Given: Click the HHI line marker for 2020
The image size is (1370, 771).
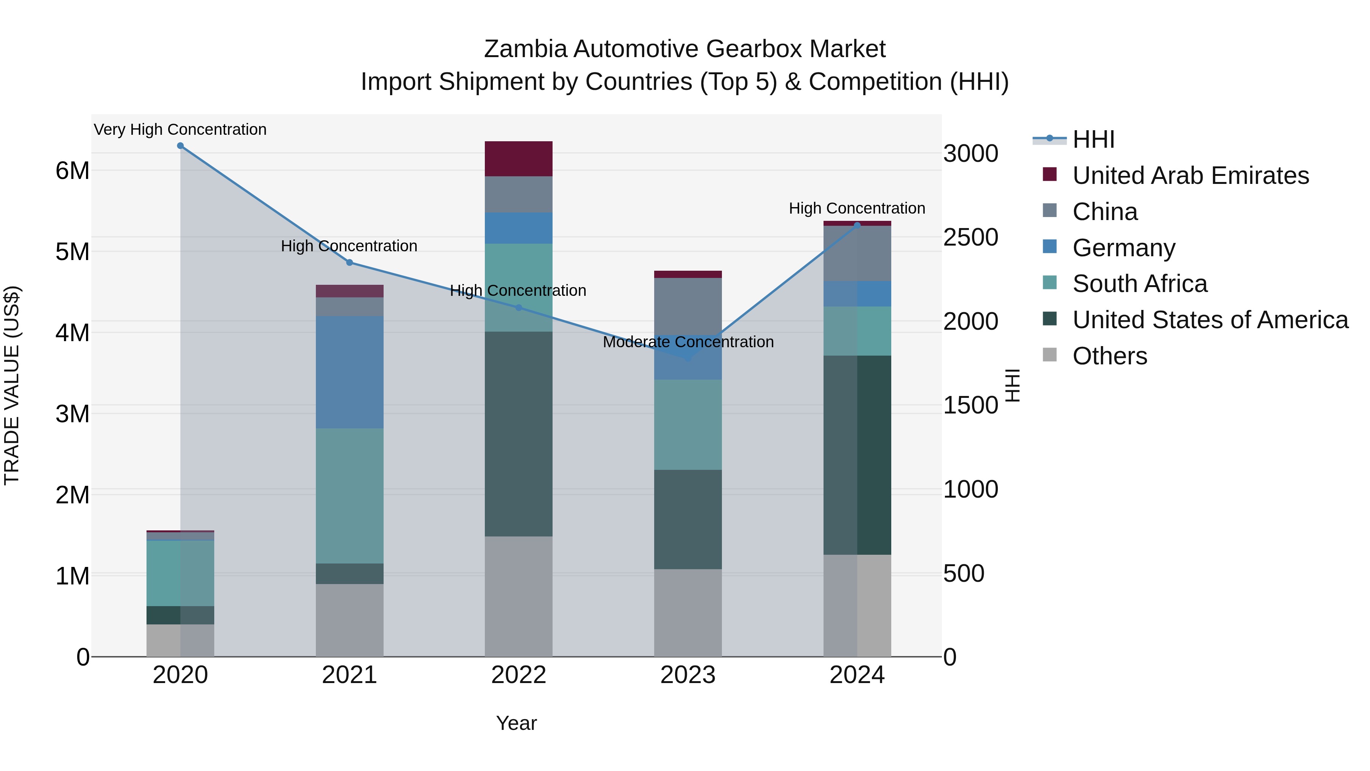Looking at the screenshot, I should point(180,146).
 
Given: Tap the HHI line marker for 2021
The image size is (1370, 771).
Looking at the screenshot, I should point(349,262).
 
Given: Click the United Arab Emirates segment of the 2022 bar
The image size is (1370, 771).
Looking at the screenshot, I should point(519,158).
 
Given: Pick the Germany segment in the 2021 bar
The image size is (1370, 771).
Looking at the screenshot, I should point(349,372).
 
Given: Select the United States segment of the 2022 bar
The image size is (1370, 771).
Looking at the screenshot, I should point(519,434).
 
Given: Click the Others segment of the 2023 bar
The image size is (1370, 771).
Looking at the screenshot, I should point(688,613).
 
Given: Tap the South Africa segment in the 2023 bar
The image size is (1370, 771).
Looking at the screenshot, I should point(688,424).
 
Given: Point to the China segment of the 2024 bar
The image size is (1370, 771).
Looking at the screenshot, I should point(857,253).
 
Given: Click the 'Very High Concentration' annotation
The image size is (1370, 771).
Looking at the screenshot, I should point(180,130).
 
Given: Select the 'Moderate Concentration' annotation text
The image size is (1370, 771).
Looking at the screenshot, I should point(688,342).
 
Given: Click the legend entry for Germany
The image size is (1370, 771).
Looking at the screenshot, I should point(1123,248).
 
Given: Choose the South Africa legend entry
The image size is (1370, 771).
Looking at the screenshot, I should point(1139,284).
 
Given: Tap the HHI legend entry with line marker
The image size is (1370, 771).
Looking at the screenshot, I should point(1093,139).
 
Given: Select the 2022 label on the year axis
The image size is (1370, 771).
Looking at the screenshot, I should point(519,675).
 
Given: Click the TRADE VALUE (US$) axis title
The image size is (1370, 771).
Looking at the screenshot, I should point(12,385).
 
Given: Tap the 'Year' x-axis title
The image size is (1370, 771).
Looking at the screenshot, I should point(516,723).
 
